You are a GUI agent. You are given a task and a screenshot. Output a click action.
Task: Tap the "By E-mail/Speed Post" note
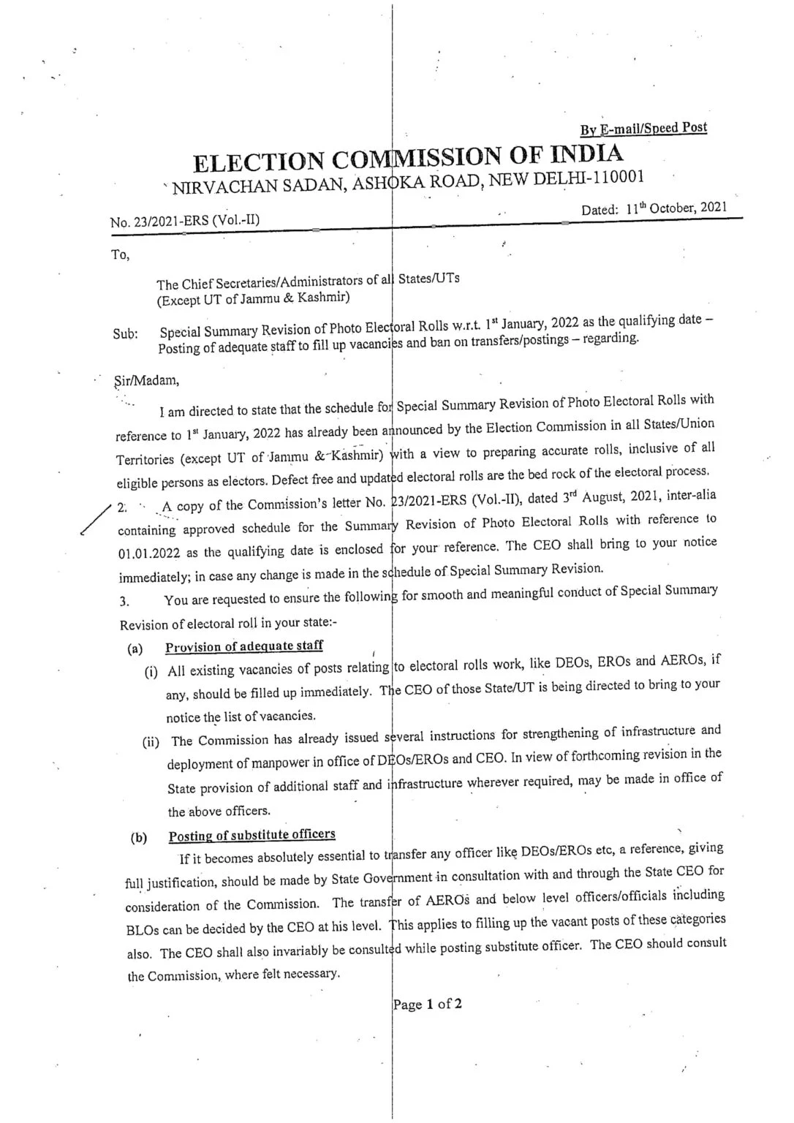[x=643, y=129]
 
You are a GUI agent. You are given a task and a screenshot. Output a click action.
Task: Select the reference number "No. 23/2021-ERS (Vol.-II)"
[x=184, y=220]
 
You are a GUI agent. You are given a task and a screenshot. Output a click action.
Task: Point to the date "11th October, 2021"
[x=676, y=208]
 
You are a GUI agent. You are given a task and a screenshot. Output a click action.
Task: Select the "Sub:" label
[x=126, y=334]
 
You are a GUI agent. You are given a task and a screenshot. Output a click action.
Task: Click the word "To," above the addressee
[x=120, y=256]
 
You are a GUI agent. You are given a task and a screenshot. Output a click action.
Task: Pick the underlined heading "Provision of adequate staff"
[x=243, y=646]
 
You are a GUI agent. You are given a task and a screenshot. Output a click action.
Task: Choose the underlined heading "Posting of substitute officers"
[x=252, y=835]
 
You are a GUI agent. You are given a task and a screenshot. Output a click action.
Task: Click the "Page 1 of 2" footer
[x=428, y=1004]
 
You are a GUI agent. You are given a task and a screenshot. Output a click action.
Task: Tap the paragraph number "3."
[x=125, y=602]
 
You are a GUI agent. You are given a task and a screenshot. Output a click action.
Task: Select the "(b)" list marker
[x=138, y=838]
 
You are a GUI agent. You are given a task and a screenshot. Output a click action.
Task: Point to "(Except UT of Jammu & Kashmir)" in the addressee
[x=253, y=298]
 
